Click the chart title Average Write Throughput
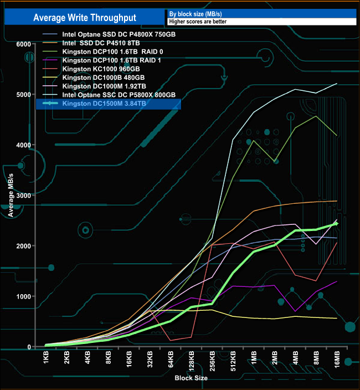[85, 17]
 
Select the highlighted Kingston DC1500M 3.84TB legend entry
[104, 104]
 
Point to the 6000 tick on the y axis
[23, 44]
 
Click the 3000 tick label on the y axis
[23, 196]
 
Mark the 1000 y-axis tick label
[23, 296]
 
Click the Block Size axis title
[191, 377]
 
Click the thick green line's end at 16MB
[337, 223]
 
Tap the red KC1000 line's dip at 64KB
[171, 340]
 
